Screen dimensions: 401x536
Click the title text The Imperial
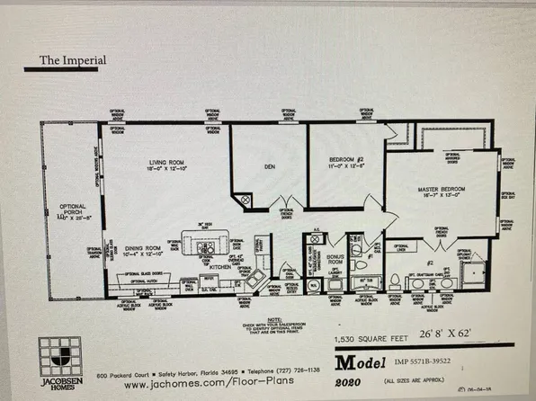pos(72,61)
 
